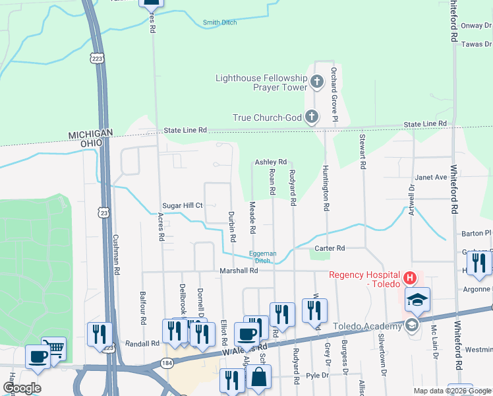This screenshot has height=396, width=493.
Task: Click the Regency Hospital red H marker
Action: (x=409, y=277)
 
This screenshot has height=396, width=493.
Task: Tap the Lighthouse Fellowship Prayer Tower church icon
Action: (x=317, y=82)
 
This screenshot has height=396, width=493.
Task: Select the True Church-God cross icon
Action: (x=311, y=118)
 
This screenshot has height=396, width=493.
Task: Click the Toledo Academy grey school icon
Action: (x=412, y=324)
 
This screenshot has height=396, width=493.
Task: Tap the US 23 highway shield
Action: (x=102, y=211)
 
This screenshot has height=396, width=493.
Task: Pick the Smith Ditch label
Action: (x=220, y=22)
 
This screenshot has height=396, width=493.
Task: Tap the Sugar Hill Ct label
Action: (x=183, y=206)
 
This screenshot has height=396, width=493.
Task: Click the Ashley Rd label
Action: (x=271, y=162)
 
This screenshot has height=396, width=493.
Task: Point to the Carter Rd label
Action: (x=330, y=248)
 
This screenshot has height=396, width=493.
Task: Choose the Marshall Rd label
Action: (x=239, y=271)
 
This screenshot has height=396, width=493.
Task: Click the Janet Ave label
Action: (x=431, y=177)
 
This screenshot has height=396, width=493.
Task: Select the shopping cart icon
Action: (x=54, y=348)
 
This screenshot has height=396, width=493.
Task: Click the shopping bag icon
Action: (x=259, y=377)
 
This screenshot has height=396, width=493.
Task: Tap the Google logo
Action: (x=22, y=388)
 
